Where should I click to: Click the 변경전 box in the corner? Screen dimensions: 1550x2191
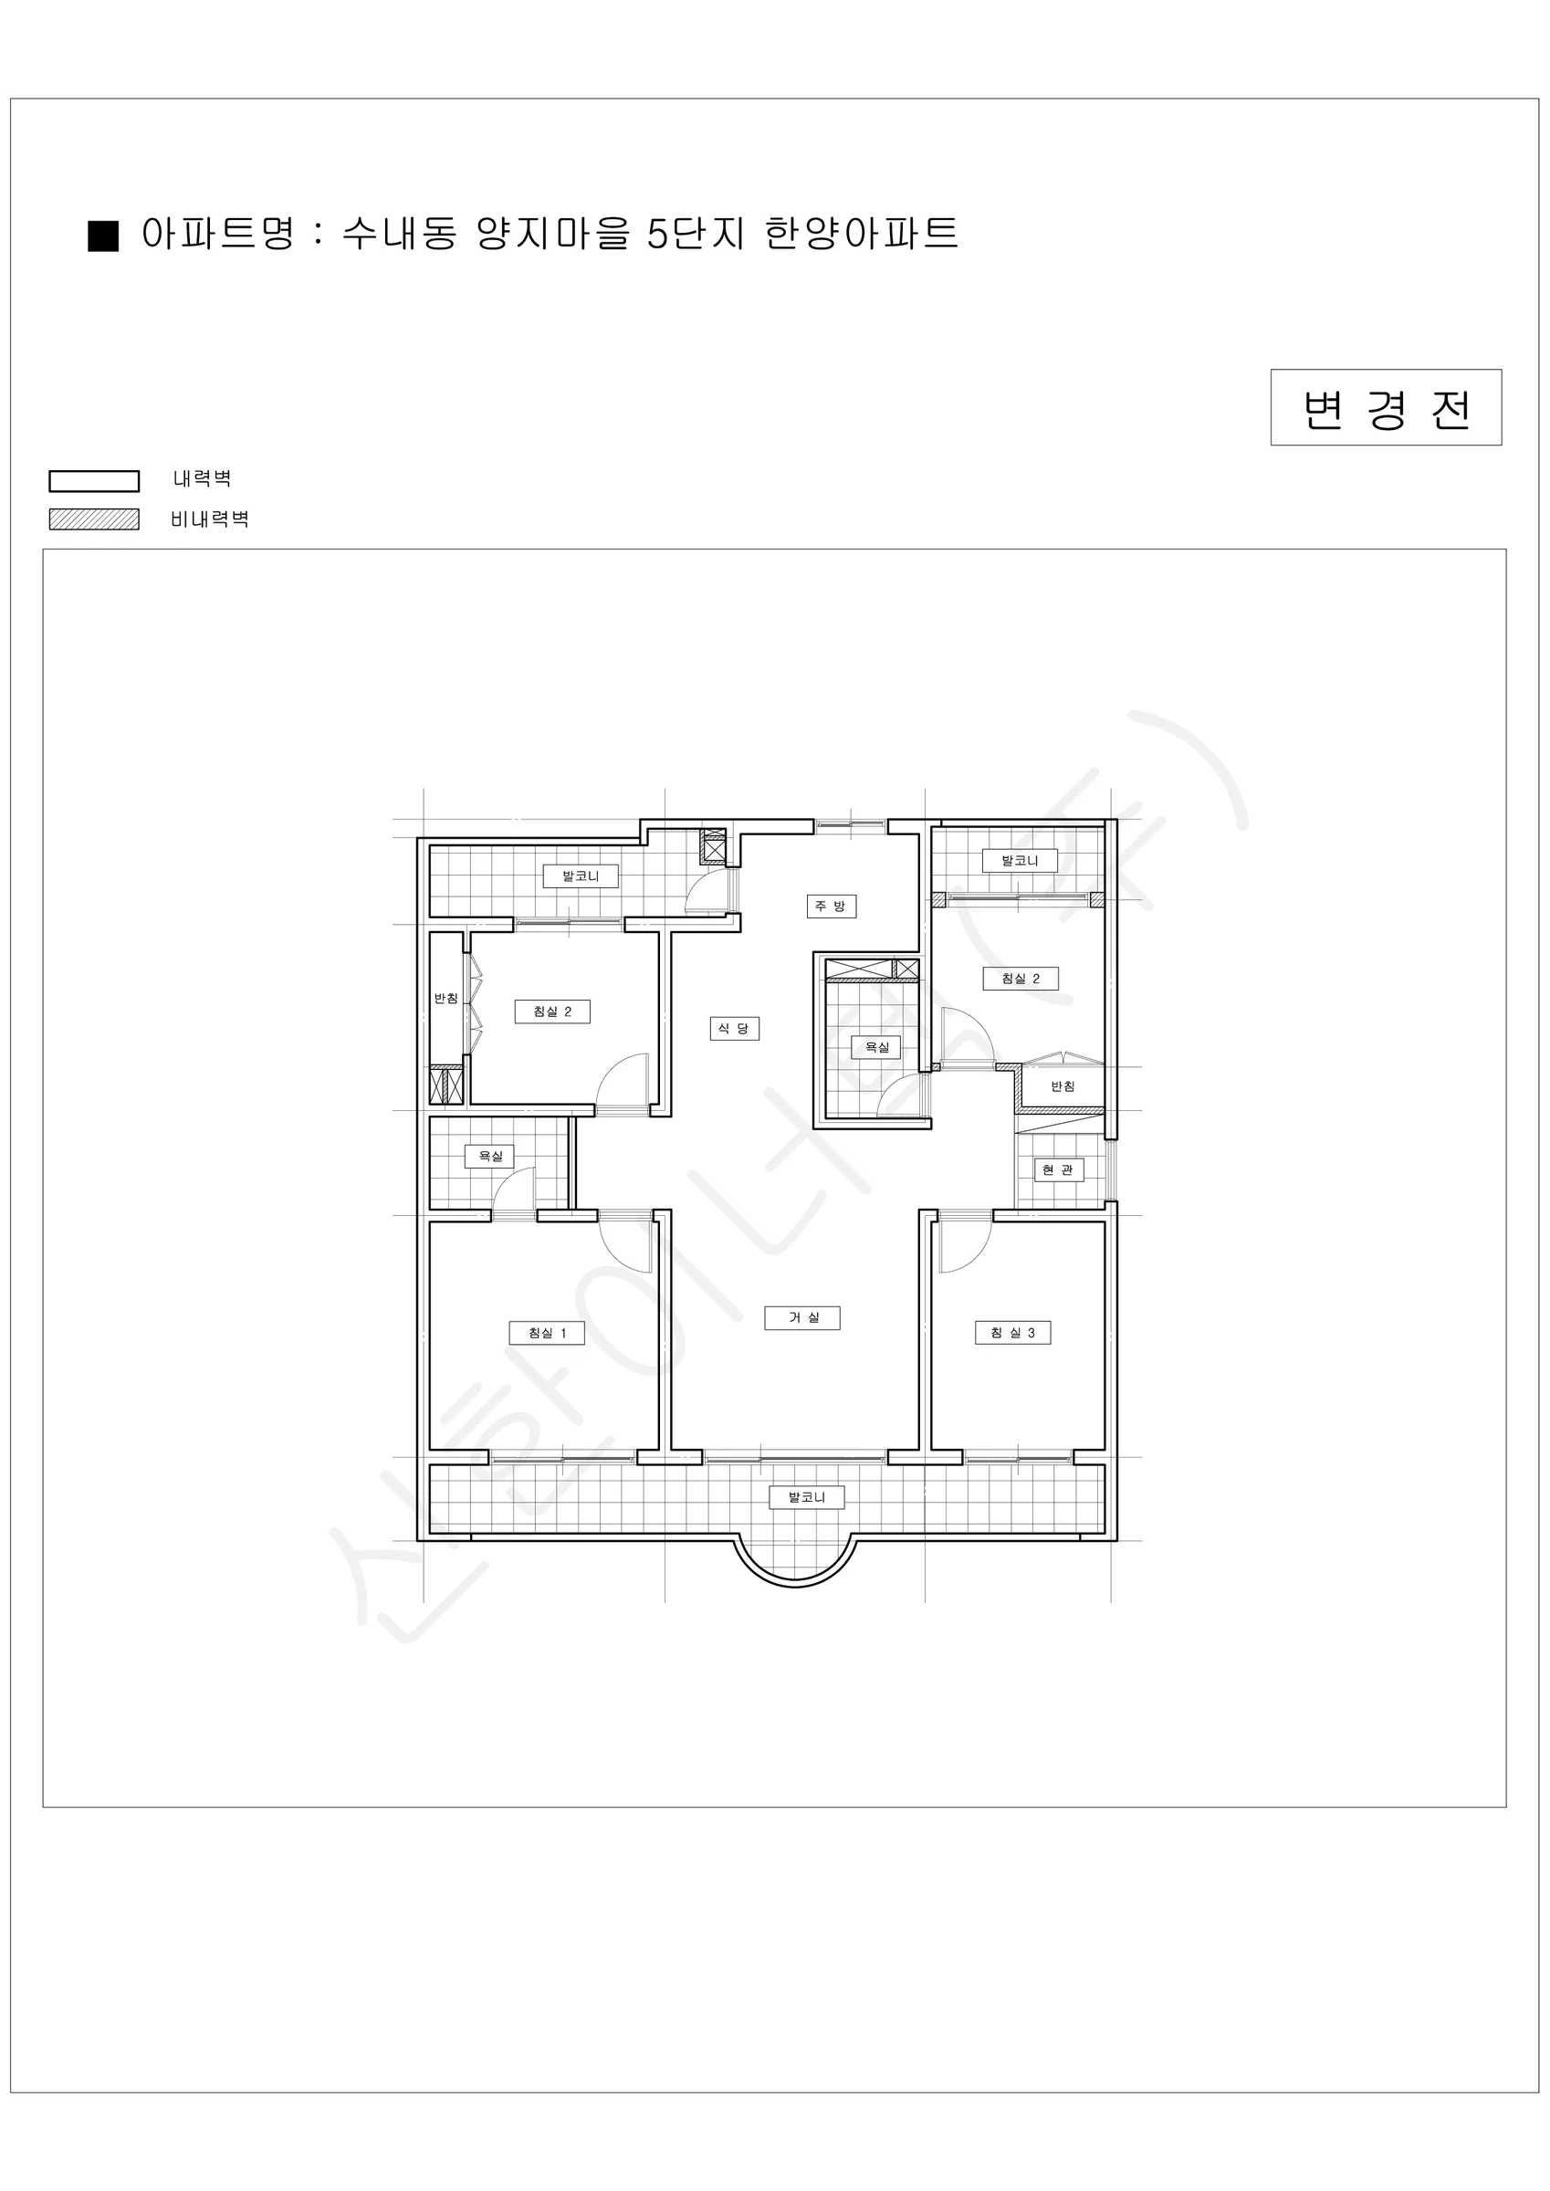click(x=1386, y=407)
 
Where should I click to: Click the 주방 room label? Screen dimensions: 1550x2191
click(x=832, y=906)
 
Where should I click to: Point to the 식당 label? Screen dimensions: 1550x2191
click(x=734, y=1028)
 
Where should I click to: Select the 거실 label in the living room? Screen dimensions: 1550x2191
click(x=801, y=1318)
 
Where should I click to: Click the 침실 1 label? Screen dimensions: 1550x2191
click(x=547, y=1333)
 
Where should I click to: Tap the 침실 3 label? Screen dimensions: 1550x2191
click(x=1012, y=1333)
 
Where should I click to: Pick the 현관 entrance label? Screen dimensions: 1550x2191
click(x=1059, y=1170)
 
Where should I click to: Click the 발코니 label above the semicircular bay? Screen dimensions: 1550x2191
click(x=807, y=1497)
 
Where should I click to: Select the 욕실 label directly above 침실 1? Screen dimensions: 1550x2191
click(x=489, y=1157)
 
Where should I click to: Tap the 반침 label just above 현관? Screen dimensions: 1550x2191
click(x=1063, y=1086)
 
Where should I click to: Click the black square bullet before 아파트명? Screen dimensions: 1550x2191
click(x=103, y=236)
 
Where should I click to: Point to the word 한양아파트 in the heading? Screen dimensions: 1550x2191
click(x=861, y=233)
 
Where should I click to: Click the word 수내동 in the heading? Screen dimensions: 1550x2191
click(x=400, y=233)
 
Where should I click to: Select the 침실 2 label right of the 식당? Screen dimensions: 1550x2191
click(x=1021, y=978)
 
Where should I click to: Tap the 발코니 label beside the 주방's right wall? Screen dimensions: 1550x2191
click(x=1020, y=861)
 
